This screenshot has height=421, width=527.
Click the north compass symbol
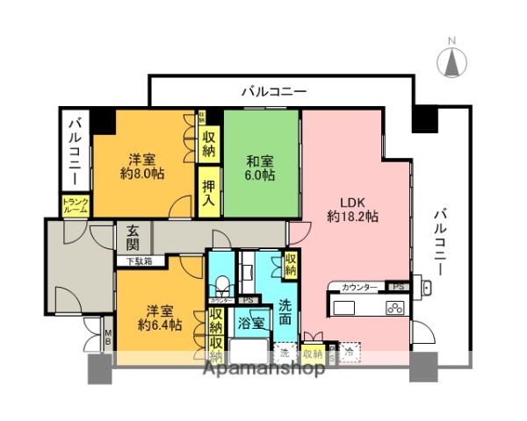point(452,61)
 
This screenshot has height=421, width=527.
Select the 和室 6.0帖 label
point(260,168)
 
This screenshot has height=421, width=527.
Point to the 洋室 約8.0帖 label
point(142,168)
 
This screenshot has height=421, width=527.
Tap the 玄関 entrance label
point(134,237)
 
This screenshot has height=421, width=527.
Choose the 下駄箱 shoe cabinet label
point(137,260)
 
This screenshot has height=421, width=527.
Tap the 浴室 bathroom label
point(252,323)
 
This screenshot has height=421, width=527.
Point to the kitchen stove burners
point(394,308)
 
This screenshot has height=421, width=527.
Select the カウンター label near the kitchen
point(360,288)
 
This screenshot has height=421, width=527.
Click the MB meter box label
point(108,337)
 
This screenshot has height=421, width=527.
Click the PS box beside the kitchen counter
point(398,287)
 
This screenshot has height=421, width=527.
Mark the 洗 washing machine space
point(285,353)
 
